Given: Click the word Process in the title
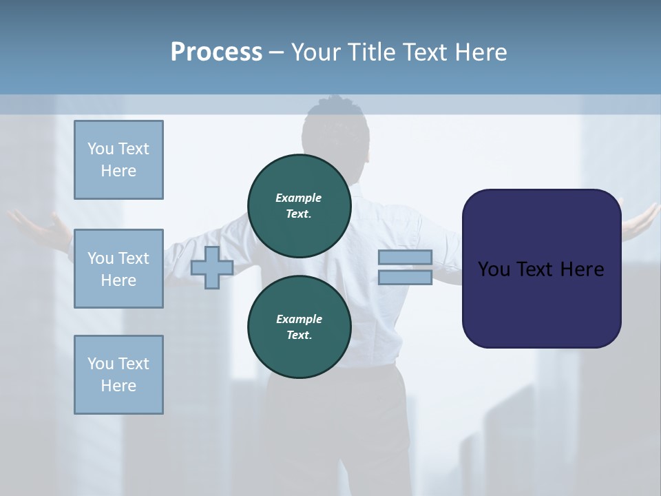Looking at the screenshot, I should pyautogui.click(x=216, y=52).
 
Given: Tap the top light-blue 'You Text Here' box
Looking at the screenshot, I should pyautogui.click(x=118, y=160).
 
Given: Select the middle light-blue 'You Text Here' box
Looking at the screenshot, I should pyautogui.click(x=118, y=269).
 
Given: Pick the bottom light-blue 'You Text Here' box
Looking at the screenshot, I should pyautogui.click(x=118, y=375).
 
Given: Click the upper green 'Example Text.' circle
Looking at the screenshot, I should pyautogui.click(x=299, y=205).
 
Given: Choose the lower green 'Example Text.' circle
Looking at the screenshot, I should pyautogui.click(x=299, y=327).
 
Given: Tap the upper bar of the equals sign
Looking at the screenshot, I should pyautogui.click(x=405, y=258).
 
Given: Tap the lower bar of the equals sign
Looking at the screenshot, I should pyautogui.click(x=405, y=278).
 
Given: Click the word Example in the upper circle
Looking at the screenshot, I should pyautogui.click(x=299, y=198).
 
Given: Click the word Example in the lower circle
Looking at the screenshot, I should pyautogui.click(x=299, y=319).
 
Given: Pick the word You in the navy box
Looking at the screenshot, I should pyautogui.click(x=493, y=269).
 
